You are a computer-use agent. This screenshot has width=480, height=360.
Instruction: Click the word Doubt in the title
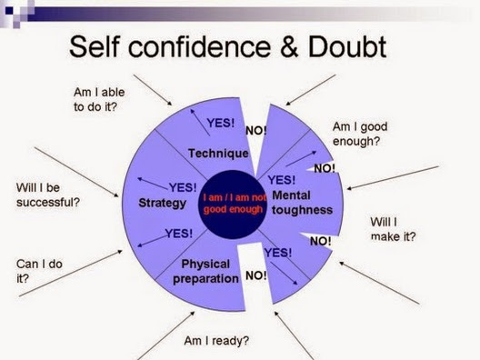click(347, 47)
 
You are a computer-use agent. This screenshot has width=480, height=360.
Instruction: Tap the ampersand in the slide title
click(289, 47)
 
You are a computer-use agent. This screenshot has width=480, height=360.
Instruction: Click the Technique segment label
click(218, 153)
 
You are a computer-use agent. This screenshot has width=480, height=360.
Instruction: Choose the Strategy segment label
click(162, 203)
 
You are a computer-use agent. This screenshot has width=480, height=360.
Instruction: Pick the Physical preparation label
click(205, 272)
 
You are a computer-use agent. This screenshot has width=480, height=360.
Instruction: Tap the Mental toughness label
click(302, 203)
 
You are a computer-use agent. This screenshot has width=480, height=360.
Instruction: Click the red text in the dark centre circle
click(235, 204)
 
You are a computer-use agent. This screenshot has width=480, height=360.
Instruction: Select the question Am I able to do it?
click(99, 99)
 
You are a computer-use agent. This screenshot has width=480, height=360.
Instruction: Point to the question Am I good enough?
click(360, 134)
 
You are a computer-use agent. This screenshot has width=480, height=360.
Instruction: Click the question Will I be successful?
click(48, 195)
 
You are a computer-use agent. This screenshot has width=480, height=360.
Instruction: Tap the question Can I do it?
click(39, 271)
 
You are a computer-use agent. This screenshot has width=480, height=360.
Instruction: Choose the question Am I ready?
click(216, 340)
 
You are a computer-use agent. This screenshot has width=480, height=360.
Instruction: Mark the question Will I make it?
click(393, 229)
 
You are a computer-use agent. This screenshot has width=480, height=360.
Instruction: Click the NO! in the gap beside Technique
click(256, 131)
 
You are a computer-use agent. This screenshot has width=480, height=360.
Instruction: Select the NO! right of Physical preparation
click(256, 275)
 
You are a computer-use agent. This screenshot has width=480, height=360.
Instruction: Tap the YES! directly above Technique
click(221, 123)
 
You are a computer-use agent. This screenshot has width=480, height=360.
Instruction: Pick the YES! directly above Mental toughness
click(282, 180)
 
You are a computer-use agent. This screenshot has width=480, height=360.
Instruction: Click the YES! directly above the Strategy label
click(183, 187)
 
